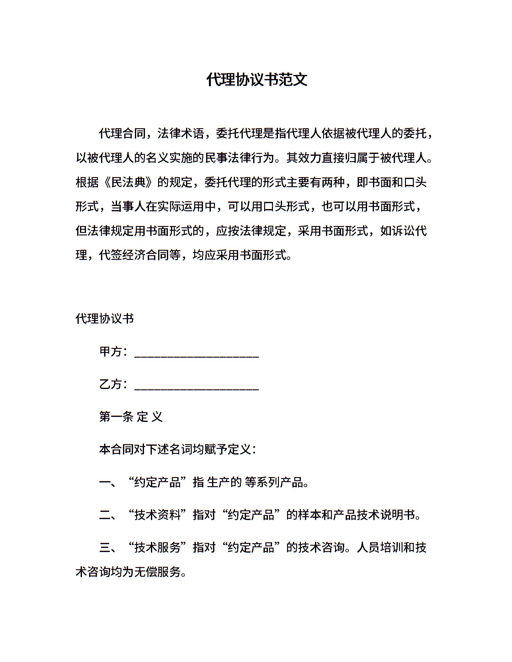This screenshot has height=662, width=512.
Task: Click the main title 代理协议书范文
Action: tap(256, 80)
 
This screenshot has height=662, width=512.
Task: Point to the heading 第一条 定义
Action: tap(131, 417)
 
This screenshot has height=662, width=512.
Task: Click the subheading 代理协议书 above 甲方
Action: tap(105, 319)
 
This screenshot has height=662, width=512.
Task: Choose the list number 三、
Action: tap(108, 548)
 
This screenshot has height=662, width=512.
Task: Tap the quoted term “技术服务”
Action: tap(157, 548)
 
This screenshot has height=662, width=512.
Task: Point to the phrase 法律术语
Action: tap(180, 134)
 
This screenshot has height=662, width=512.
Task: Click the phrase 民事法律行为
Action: tap(239, 158)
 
